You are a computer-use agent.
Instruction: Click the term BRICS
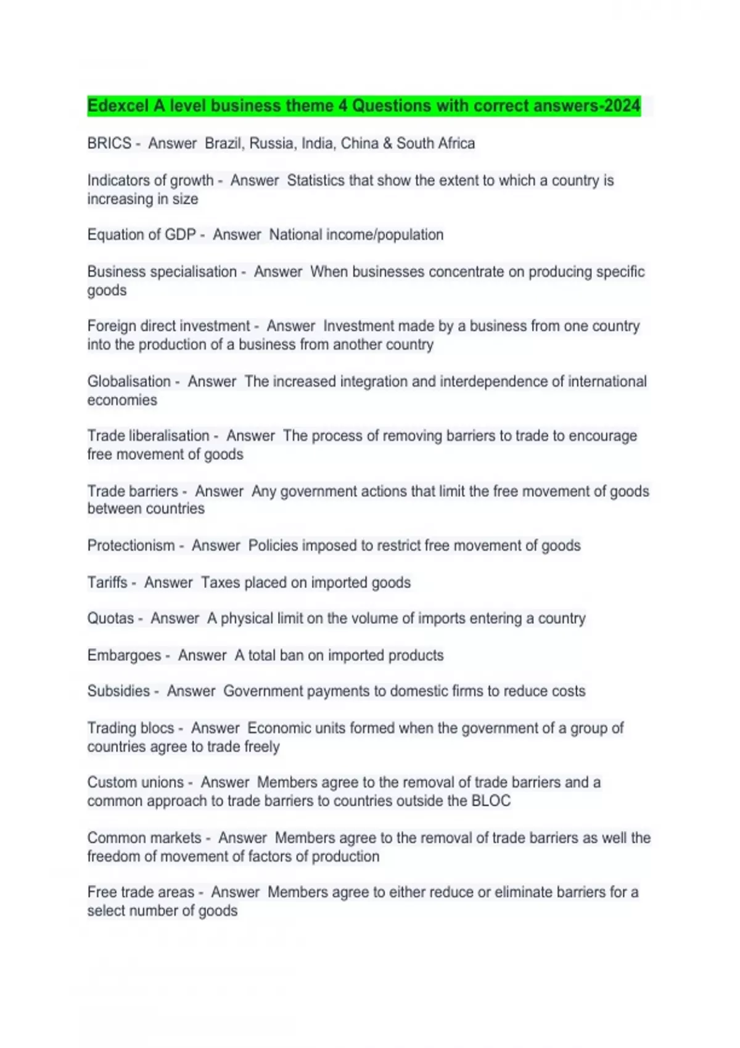[x=109, y=144]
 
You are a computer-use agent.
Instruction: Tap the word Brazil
[x=224, y=144]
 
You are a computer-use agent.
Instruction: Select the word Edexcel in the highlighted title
[x=118, y=106]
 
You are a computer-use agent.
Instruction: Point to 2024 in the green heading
[x=622, y=106]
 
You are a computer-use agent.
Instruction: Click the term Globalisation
[x=129, y=382]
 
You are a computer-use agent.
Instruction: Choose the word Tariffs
[x=107, y=583]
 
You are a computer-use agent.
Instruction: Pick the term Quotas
[x=110, y=618]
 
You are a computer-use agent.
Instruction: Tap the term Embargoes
[x=124, y=655]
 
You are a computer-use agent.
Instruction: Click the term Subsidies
[x=118, y=691]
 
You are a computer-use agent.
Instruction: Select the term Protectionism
[x=131, y=546]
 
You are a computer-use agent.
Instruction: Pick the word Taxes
[x=220, y=583]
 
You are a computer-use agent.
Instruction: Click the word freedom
[x=113, y=856]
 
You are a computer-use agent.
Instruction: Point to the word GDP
[x=180, y=235]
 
